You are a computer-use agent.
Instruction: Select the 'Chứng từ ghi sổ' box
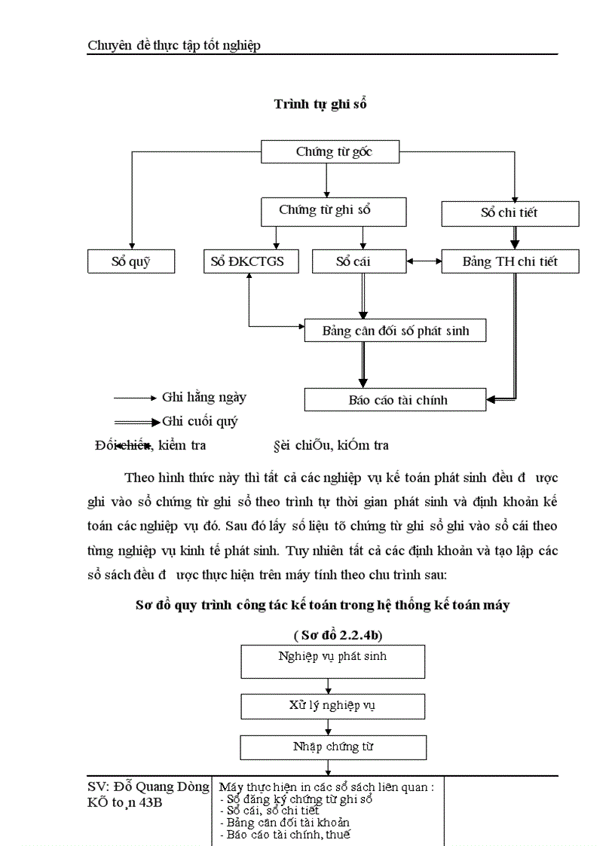(325, 211)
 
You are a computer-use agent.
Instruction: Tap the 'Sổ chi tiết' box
(509, 213)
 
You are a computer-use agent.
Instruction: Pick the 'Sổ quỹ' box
(131, 261)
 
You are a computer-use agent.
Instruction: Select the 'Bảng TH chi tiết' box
(509, 261)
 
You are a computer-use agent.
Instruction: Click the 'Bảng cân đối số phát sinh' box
(395, 331)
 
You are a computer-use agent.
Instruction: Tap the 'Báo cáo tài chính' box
(395, 400)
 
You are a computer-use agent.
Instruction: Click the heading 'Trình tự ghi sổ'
(320, 105)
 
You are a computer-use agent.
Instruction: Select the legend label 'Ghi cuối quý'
(200, 421)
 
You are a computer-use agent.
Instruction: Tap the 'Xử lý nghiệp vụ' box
(332, 706)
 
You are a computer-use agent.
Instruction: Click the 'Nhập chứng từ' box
(332, 747)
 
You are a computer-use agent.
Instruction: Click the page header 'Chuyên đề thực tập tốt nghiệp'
(174, 46)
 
